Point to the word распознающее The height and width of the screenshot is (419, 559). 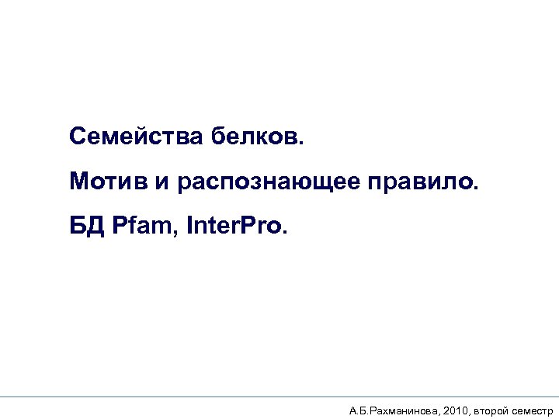point(269,183)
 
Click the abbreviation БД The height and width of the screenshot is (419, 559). point(85,228)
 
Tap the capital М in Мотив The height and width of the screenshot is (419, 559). point(78,182)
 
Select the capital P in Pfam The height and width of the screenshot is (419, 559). point(119,228)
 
